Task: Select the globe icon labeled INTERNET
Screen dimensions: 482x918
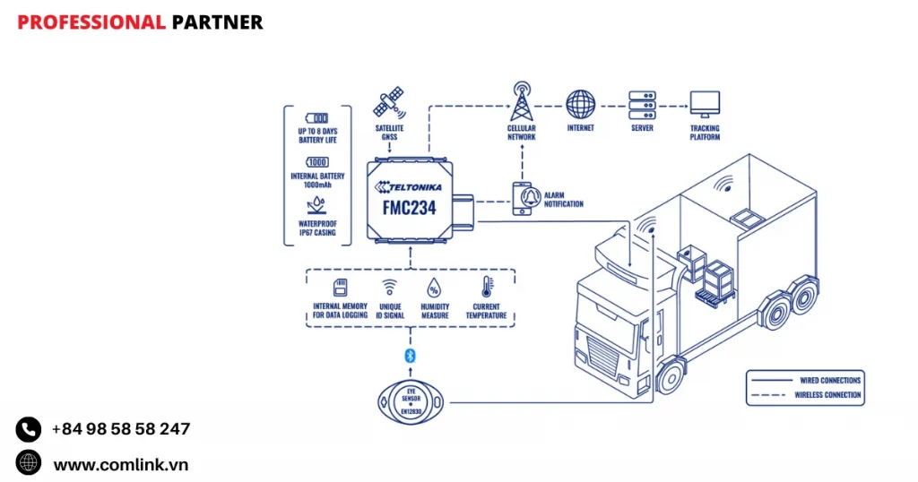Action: click(x=581, y=103)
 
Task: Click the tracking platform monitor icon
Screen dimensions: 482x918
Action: click(x=704, y=103)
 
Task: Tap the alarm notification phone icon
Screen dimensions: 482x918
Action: click(x=523, y=198)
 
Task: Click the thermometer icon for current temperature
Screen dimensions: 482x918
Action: click(x=486, y=287)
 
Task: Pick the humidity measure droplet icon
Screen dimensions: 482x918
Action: click(x=434, y=287)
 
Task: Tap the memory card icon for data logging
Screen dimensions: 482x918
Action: click(x=339, y=287)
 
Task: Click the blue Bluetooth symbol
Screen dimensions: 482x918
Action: click(x=411, y=356)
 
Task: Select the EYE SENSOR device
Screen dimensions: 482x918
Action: click(x=411, y=402)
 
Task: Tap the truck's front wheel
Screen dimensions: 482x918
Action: click(x=669, y=379)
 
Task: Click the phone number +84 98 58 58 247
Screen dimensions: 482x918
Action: click(x=120, y=429)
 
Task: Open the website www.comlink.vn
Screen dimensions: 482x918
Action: click(x=120, y=464)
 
